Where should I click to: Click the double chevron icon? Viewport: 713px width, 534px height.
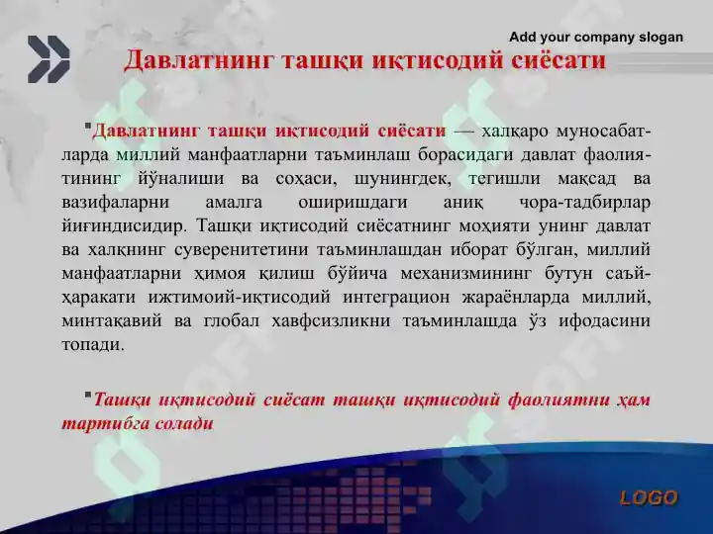pyautogui.click(x=49, y=59)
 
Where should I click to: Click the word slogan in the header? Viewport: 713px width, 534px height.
pyautogui.click(x=662, y=38)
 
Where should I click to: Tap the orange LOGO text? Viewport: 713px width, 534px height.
pyautogui.click(x=649, y=498)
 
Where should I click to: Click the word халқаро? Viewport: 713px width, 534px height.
pyautogui.click(x=515, y=132)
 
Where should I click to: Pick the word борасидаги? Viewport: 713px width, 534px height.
pyautogui.click(x=465, y=155)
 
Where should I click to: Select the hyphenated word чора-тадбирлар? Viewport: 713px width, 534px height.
pyautogui.click(x=585, y=203)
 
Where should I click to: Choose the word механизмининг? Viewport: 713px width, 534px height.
pyautogui.click(x=466, y=274)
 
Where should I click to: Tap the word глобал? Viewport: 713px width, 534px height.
pyautogui.click(x=232, y=321)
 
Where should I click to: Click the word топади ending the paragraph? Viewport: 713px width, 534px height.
pyautogui.click(x=93, y=345)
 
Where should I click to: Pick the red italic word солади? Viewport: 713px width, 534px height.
pyautogui.click(x=184, y=424)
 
